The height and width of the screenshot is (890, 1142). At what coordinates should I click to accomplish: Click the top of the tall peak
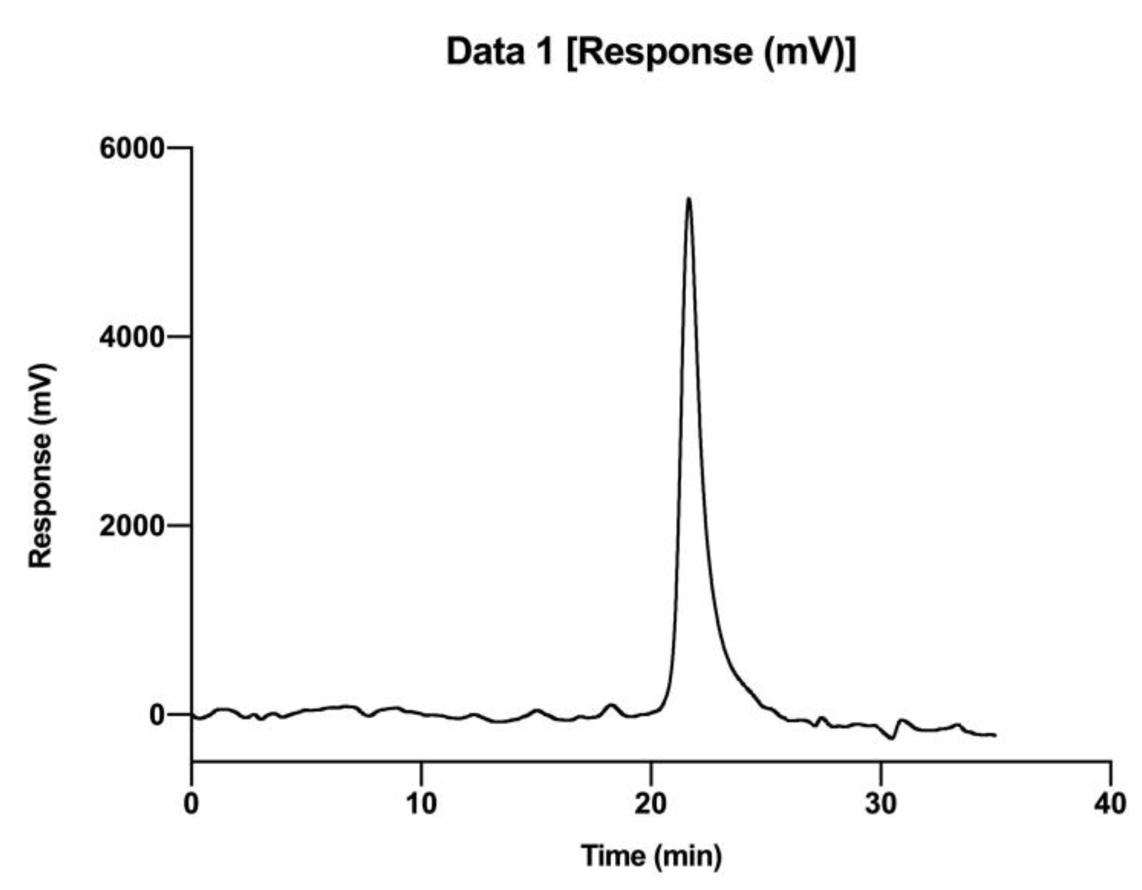point(689,199)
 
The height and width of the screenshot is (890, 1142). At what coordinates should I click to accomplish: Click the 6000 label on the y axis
point(132,149)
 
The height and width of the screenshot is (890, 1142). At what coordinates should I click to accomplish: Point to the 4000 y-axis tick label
point(132,338)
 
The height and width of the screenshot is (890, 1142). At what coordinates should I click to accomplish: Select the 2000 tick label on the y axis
point(132,527)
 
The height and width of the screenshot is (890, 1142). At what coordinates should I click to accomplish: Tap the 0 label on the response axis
point(157,715)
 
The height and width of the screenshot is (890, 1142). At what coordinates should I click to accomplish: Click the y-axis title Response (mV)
point(41,466)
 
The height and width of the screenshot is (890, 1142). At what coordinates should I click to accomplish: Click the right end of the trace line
point(995,735)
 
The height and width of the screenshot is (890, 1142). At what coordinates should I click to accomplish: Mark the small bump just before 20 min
point(611,705)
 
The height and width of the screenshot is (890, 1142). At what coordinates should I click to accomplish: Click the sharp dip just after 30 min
point(892,738)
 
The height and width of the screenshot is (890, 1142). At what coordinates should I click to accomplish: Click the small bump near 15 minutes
point(536,710)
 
